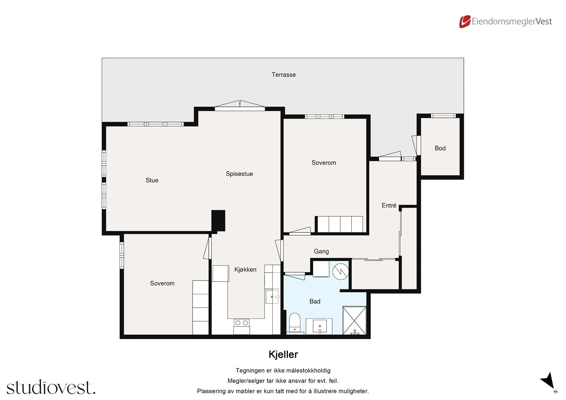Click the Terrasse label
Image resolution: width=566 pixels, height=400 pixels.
[283, 75]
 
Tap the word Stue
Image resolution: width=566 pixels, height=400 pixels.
[152, 180]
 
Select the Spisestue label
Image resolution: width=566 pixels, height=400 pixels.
[239, 174]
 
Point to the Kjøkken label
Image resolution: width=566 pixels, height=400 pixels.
[245, 269]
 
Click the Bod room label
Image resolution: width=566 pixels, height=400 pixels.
[440, 148]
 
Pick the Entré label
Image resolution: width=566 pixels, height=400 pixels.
[389, 205]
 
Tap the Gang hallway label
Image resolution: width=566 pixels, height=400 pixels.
[321, 251]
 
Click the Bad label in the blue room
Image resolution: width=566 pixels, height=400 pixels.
[314, 301]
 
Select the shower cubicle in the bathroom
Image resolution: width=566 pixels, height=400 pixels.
[354, 320]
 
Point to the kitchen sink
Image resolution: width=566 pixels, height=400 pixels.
[272, 296]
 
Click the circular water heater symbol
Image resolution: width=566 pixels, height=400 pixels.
[340, 272]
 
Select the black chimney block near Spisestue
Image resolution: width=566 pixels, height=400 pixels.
[218, 221]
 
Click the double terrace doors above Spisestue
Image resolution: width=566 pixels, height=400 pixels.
[240, 106]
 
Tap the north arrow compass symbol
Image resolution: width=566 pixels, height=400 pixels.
[549, 382]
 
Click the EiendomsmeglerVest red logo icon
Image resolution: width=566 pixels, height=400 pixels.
[464, 22]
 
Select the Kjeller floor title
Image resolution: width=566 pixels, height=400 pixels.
[283, 354]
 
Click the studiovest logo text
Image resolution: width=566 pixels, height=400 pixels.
[51, 388]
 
